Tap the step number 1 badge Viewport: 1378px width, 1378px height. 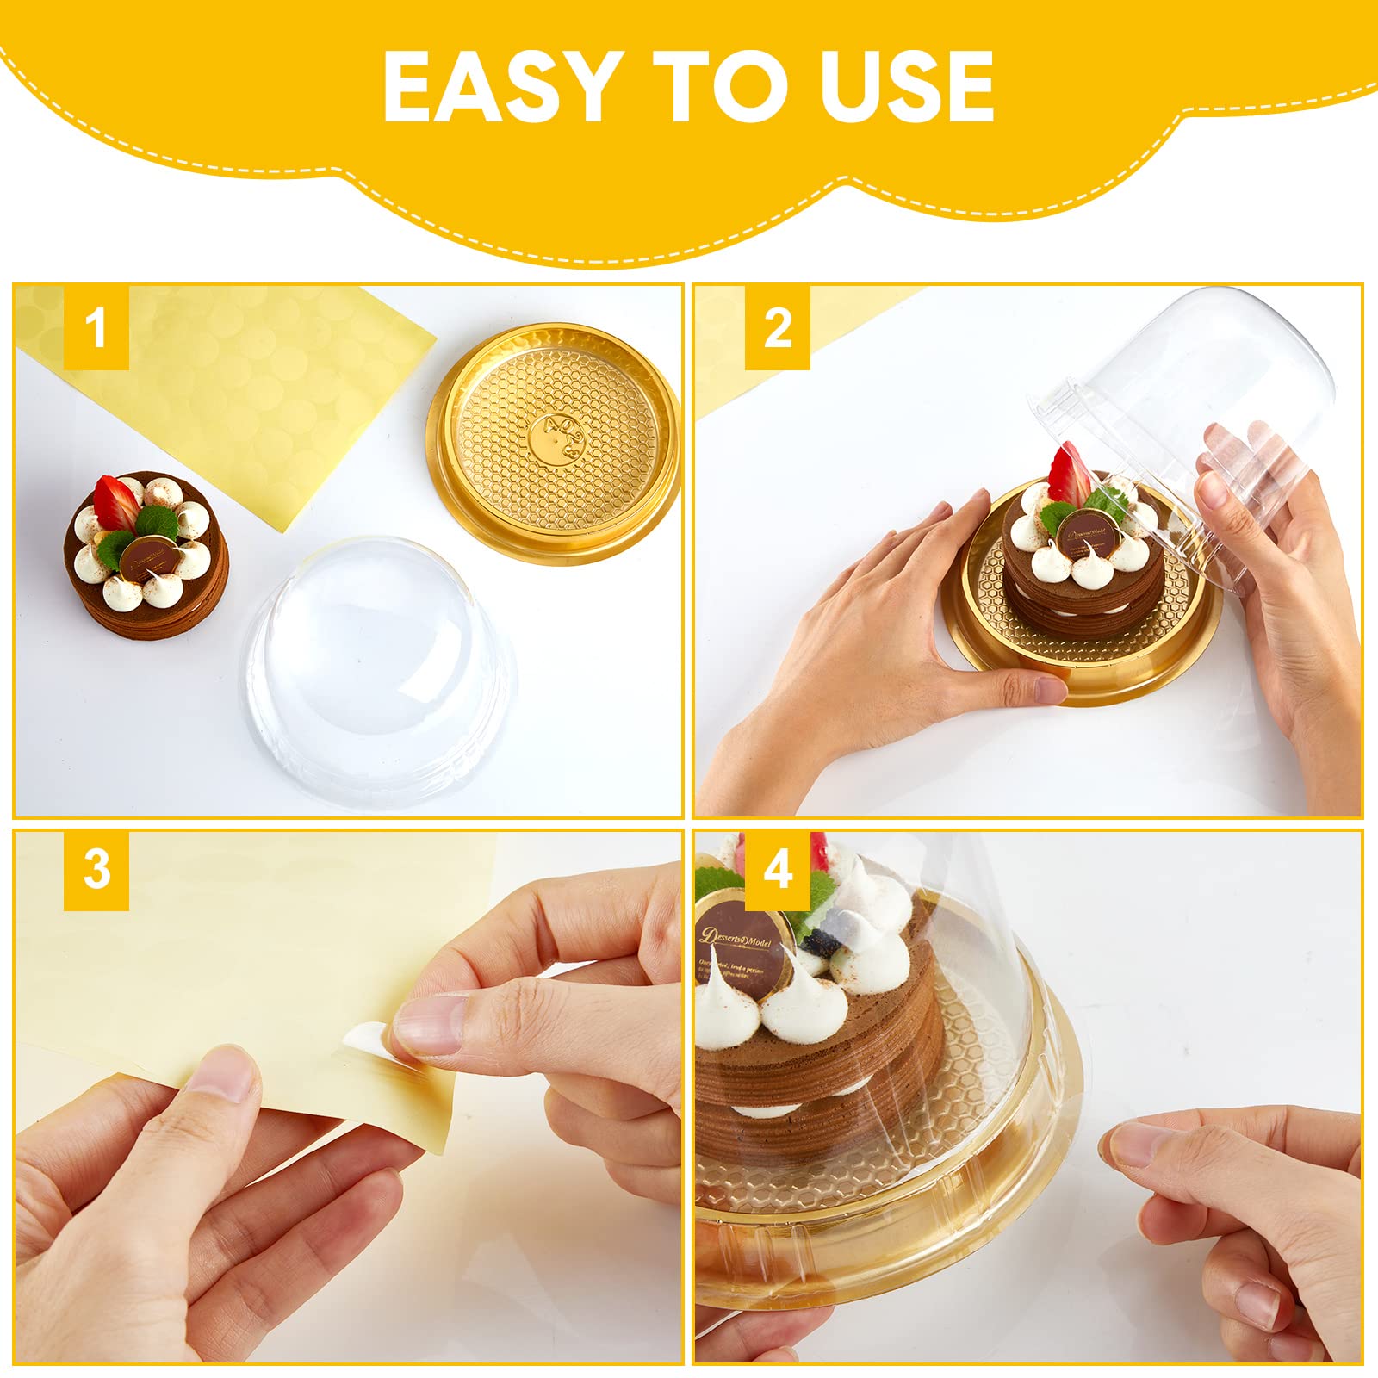[96, 328]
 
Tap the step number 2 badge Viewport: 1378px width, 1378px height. [777, 328]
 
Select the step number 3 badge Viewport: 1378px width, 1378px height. [96, 870]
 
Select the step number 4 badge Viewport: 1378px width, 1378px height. [777, 870]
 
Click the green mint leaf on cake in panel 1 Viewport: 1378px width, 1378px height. [156, 523]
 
